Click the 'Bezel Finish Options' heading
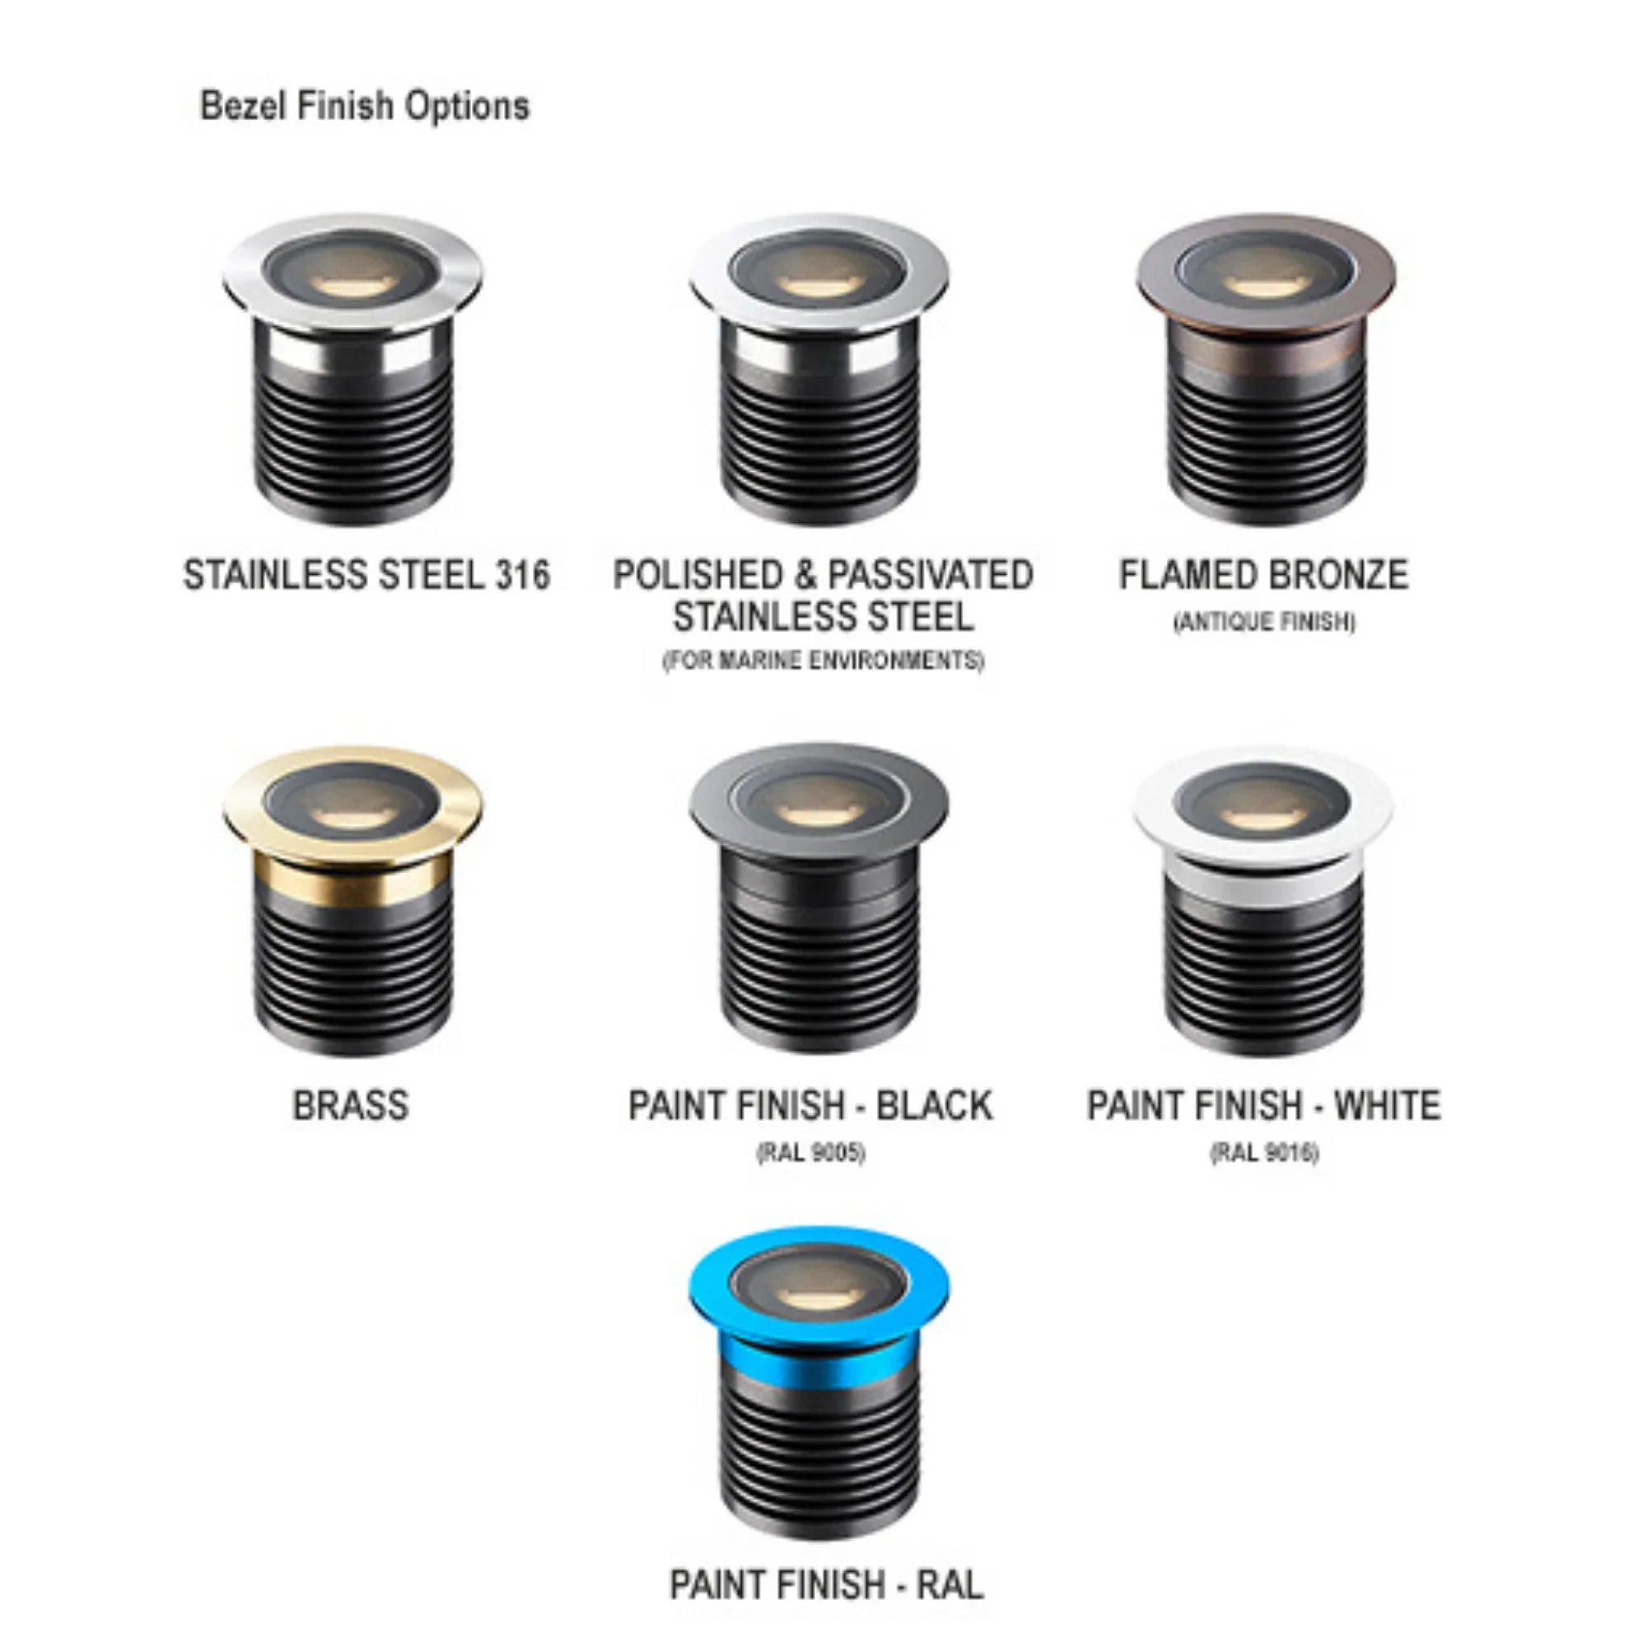coord(364,106)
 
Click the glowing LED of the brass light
coord(352,817)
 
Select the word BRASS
coord(350,1106)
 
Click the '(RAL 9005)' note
coord(810,1153)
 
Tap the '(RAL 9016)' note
coord(1264,1153)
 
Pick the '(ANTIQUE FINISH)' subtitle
coord(1264,622)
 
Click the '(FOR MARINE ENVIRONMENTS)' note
coord(823,660)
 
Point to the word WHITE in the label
coord(1387,1106)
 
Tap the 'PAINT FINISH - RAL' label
coord(826,1584)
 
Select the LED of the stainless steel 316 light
coord(352,285)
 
